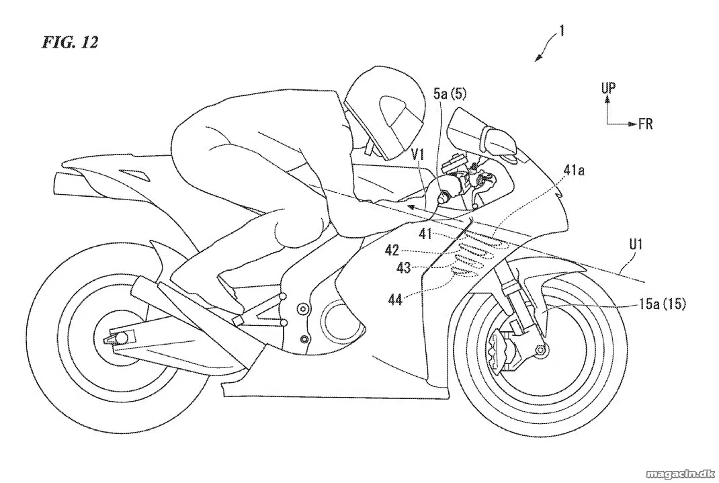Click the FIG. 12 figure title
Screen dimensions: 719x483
tap(70, 42)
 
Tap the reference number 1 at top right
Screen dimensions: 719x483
tap(562, 31)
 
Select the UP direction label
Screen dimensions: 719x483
tap(609, 88)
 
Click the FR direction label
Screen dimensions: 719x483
tap(645, 124)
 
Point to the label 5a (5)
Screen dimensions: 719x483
tap(450, 95)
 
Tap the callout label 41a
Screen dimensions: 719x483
tap(574, 172)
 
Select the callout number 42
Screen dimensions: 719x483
tap(392, 250)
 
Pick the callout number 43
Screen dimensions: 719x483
tap(404, 267)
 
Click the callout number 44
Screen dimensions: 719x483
tap(395, 300)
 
